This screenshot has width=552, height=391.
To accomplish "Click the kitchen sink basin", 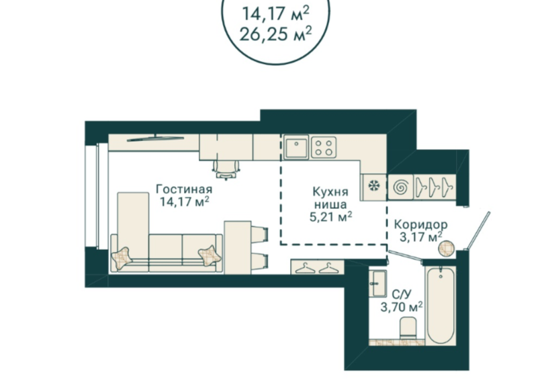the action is (x=296, y=147).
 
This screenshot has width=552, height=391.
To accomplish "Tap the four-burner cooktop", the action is (x=324, y=147).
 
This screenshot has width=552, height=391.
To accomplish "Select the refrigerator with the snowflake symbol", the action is (x=373, y=187).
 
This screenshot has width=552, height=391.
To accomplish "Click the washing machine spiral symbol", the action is (x=400, y=187).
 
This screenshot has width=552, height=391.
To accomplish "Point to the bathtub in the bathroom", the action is (x=441, y=305).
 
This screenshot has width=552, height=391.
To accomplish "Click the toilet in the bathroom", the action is (x=408, y=328).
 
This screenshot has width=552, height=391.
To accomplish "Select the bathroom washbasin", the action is (x=378, y=284).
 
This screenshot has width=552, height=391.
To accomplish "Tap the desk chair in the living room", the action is (x=226, y=169).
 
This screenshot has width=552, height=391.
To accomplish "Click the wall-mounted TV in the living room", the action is (x=155, y=138).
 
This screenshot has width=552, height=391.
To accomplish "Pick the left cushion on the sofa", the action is (x=122, y=258).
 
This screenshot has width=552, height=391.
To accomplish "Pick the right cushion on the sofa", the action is (x=210, y=255).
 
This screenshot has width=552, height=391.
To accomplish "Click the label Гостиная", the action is (x=184, y=189).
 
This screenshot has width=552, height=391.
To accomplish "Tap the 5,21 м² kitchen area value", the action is (x=331, y=217).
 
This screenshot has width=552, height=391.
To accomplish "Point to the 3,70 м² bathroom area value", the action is (x=402, y=308).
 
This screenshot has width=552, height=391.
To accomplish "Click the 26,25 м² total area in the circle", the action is (x=275, y=34).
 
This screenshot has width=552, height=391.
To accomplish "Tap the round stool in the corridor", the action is (x=447, y=249).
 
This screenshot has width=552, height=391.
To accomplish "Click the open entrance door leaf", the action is (x=477, y=230).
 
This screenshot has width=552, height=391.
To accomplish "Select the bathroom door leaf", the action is (x=405, y=256).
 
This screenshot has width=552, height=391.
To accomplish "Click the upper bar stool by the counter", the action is (x=260, y=234).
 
